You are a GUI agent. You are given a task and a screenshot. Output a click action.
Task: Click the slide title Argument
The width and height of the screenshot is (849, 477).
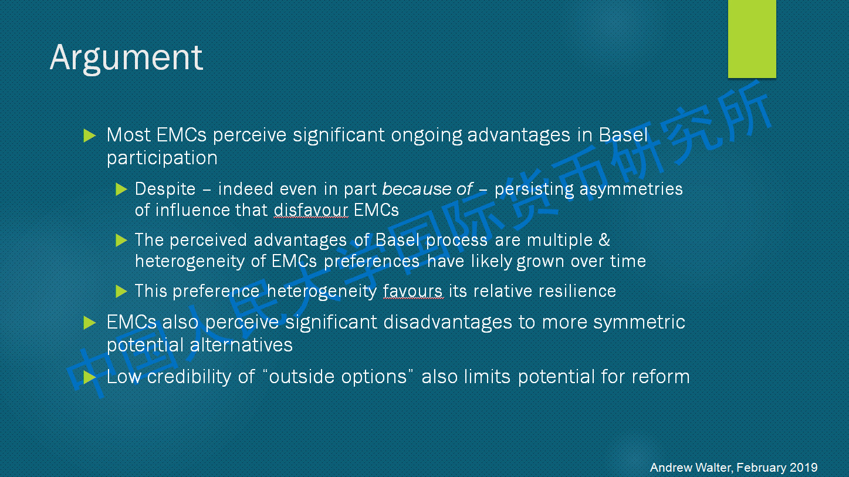click(x=126, y=58)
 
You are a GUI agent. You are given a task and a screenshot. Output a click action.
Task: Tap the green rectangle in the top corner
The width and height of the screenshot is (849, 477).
click(x=752, y=39)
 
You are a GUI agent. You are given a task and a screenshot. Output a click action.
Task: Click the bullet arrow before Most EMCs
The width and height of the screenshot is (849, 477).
click(x=89, y=136)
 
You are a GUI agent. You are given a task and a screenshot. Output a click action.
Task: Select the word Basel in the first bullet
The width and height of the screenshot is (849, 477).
click(x=624, y=134)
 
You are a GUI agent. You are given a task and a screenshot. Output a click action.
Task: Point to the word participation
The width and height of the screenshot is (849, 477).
click(x=162, y=158)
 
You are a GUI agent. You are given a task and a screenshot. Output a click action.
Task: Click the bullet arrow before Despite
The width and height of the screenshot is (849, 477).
click(x=121, y=189)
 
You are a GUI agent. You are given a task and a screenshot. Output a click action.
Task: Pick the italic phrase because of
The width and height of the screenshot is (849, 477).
click(x=427, y=189)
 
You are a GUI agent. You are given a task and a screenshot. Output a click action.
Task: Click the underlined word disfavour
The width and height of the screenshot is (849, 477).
click(x=311, y=210)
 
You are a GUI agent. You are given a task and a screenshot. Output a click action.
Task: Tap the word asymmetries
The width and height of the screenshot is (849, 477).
click(x=631, y=189)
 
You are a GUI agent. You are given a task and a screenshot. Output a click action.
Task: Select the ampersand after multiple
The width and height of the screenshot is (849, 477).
click(x=604, y=240)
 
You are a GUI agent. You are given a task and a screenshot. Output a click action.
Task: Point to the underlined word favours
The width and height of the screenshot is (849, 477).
click(x=412, y=292)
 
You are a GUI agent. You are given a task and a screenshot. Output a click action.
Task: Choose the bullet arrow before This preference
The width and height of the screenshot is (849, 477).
click(x=121, y=292)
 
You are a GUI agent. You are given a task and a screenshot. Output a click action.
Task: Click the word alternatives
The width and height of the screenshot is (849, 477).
click(x=241, y=345)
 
